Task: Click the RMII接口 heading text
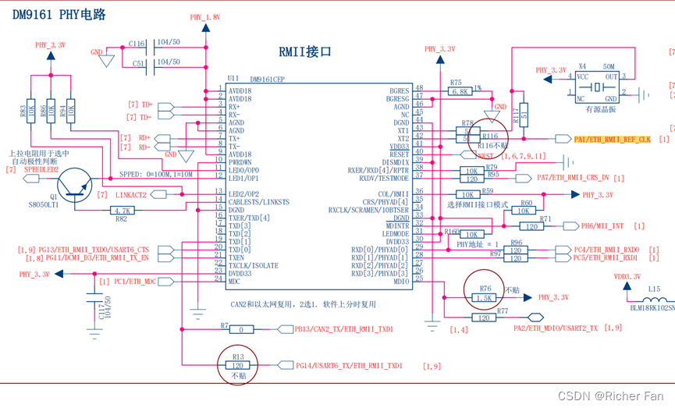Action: coord(305,51)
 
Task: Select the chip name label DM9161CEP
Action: coord(268,79)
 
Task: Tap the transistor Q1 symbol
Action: coord(77,183)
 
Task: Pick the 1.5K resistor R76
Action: coord(485,298)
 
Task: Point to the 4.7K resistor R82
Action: coord(122,210)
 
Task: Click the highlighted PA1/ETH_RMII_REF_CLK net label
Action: coord(613,139)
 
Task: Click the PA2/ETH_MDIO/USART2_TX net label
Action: coord(555,328)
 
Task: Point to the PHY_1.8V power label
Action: coord(205,16)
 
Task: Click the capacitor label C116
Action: coord(137,44)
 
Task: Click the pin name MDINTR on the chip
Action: coord(396,225)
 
